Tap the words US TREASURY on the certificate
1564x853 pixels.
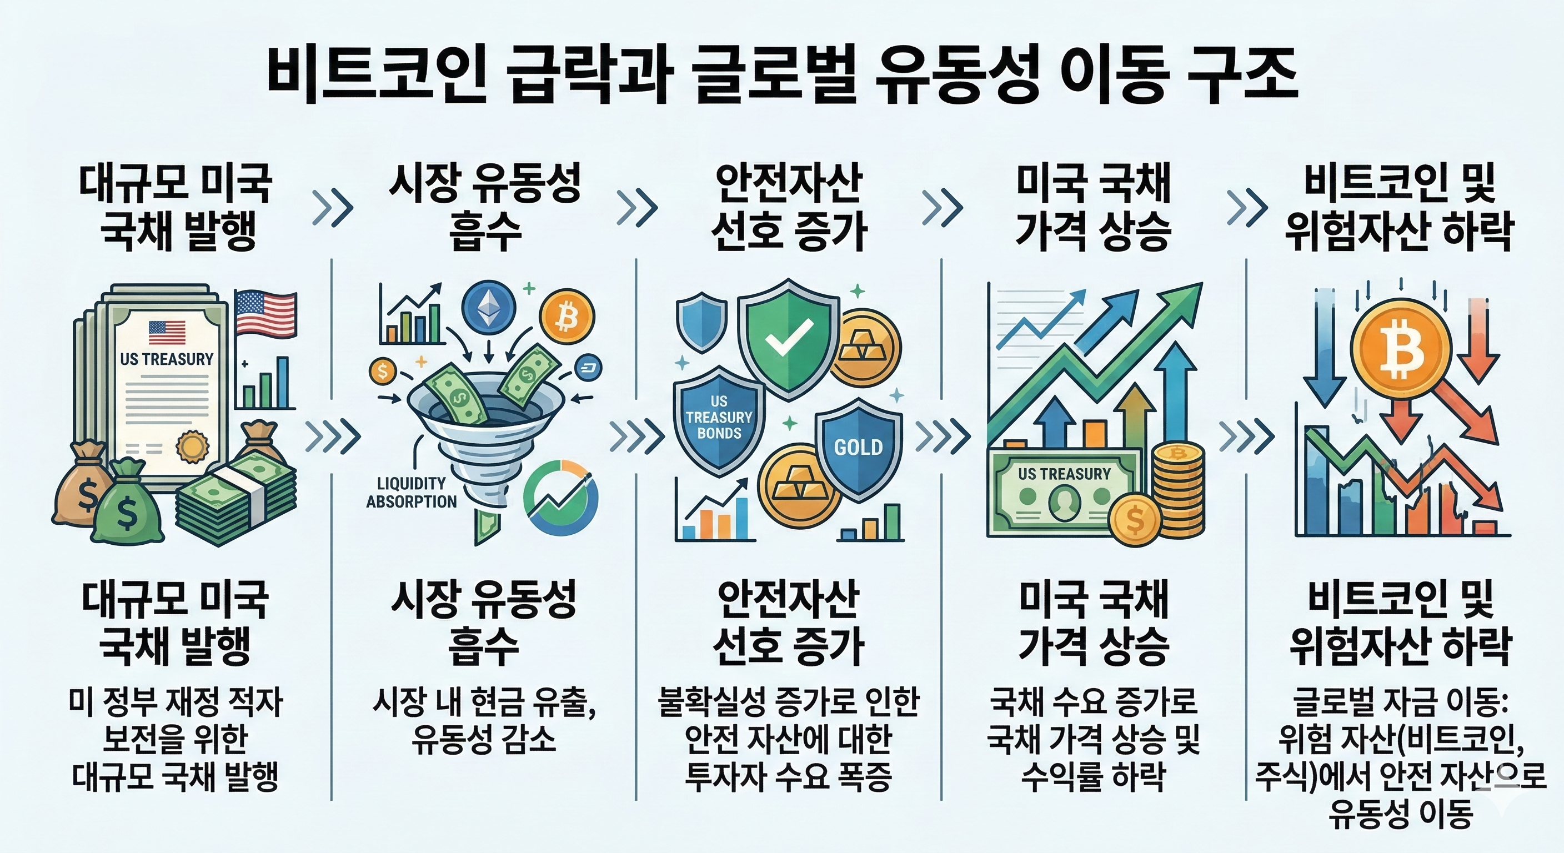pos(167,359)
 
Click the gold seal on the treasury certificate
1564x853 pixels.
pos(193,446)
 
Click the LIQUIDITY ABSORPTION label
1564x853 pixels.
pos(411,493)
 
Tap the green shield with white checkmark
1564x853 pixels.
pos(789,338)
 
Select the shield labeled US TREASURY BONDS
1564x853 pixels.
pos(719,419)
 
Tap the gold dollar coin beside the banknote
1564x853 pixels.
pos(1134,519)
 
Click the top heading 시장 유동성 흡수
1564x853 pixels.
pos(484,207)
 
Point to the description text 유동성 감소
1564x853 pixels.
pos(483,740)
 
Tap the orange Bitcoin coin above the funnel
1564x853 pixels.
pos(567,318)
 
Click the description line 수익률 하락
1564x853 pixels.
pos(1093,776)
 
